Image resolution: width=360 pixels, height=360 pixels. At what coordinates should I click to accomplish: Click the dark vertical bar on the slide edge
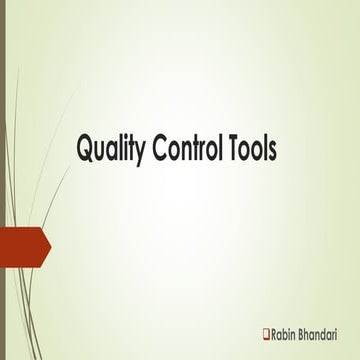(3, 180)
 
